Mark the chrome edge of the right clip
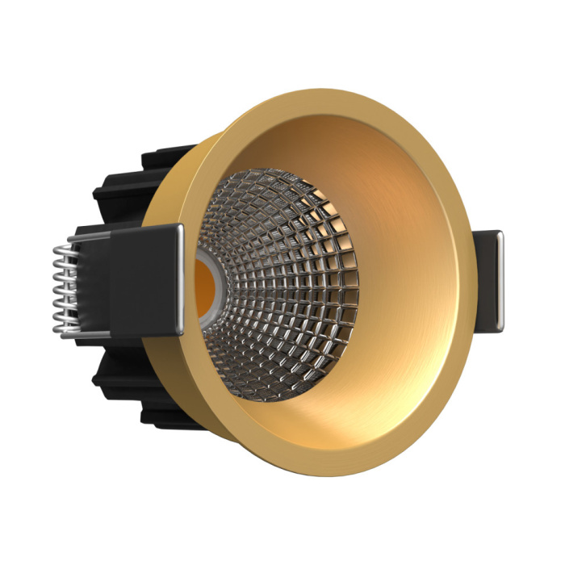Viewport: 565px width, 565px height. (x=500, y=278)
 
